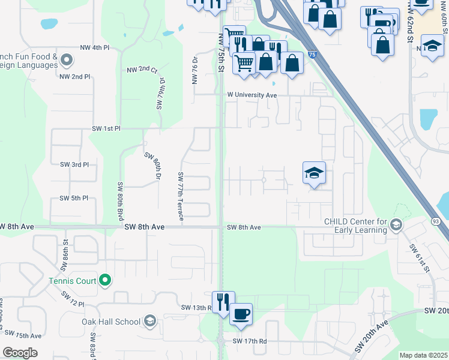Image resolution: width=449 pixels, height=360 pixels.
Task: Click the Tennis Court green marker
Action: pos(105,280)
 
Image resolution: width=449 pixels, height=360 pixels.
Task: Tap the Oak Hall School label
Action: pos(111,321)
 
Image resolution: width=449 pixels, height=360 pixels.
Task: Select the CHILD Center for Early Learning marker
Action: pos(396,225)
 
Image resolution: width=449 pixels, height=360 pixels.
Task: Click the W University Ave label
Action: pos(252,95)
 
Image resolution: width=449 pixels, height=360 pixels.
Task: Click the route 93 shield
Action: pos(436,221)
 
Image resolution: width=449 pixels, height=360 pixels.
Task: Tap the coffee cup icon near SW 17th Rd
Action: pos(241,314)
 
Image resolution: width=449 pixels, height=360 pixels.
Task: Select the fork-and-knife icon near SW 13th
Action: pos(223,302)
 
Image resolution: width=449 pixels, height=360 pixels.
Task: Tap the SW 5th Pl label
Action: pos(74,198)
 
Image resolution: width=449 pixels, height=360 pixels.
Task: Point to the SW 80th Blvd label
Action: pos(120,200)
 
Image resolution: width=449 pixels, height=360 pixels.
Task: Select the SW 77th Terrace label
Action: pos(180,194)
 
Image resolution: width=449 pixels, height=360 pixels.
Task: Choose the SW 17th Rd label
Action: pos(250,341)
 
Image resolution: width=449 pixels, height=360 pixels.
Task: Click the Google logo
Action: pos(20,353)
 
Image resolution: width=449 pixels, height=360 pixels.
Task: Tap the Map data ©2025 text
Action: pos(423,355)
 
